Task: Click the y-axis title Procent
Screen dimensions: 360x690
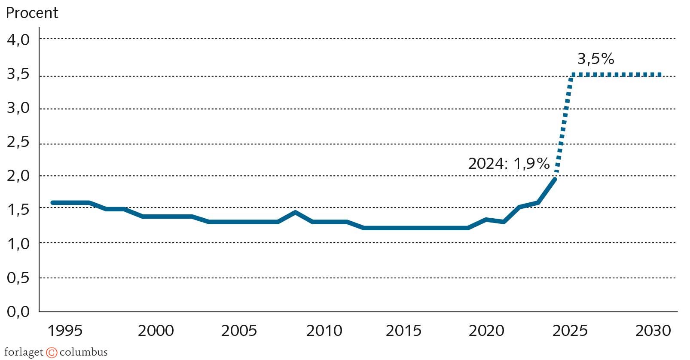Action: click(32, 13)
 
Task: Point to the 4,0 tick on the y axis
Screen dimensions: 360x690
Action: click(18, 40)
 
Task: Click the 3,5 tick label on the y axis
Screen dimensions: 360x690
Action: click(18, 74)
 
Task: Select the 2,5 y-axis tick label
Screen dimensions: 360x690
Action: click(18, 142)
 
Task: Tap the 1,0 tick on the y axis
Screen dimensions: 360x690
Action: click(18, 244)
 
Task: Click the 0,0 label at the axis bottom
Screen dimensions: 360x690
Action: click(18, 311)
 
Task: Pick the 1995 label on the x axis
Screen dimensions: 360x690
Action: click(65, 330)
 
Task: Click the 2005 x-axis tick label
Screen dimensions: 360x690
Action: click(239, 330)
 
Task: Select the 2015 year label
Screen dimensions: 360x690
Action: click(403, 330)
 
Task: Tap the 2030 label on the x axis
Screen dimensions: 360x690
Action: click(653, 330)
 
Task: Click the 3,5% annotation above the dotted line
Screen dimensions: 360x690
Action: click(595, 59)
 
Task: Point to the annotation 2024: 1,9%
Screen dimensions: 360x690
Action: click(509, 164)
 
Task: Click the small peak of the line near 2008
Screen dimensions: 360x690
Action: click(295, 212)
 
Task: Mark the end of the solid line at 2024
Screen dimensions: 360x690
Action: click(555, 179)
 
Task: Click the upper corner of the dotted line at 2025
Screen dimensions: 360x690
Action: click(572, 75)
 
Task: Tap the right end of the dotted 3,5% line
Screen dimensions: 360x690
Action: click(660, 75)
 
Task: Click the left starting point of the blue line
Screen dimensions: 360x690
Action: click(52, 203)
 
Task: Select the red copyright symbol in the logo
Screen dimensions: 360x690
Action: click(52, 353)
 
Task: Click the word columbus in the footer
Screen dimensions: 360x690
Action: click(83, 352)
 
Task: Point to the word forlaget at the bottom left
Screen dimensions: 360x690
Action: click(24, 353)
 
